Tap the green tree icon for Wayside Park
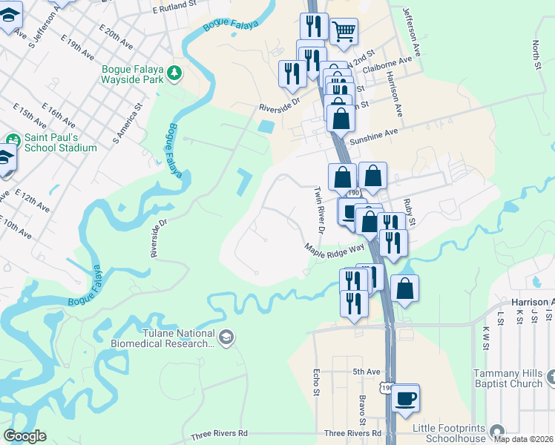(174, 73)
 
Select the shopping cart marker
(343, 31)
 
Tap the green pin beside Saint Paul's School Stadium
(13, 139)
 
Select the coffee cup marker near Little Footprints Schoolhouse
(405, 398)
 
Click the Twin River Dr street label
(317, 210)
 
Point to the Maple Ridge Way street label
(334, 247)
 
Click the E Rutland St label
(177, 10)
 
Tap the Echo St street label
(316, 381)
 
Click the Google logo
(25, 436)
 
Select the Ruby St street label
(409, 211)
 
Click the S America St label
(126, 125)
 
